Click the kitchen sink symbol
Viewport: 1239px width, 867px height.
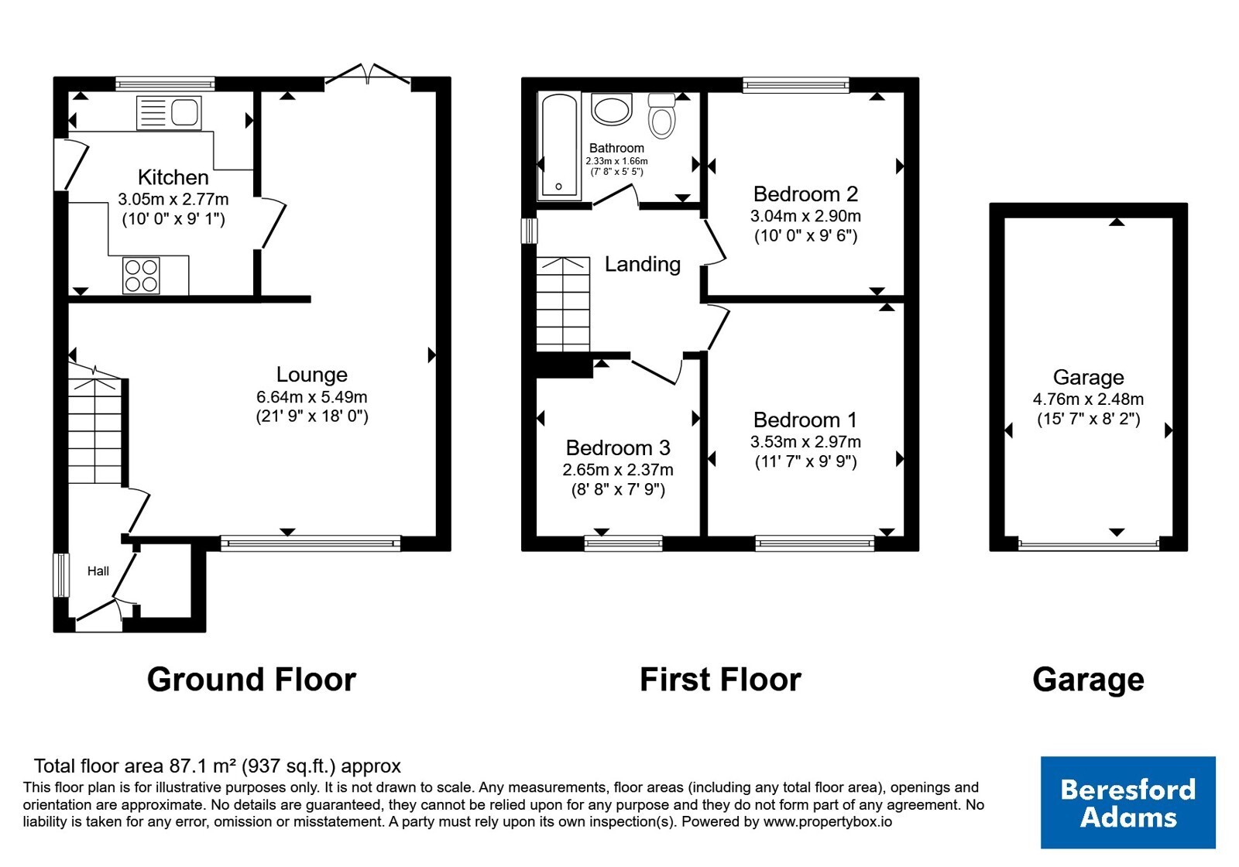[169, 113]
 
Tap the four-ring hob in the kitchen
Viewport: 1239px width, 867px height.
[141, 276]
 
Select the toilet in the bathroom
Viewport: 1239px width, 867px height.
[661, 116]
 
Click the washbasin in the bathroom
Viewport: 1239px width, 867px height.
[611, 109]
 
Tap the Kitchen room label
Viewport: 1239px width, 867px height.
[173, 177]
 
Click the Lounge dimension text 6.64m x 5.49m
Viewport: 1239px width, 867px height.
[312, 397]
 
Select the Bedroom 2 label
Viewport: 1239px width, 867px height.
[805, 194]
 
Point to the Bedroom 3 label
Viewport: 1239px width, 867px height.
[618, 448]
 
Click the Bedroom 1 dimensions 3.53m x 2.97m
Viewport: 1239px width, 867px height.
[805, 442]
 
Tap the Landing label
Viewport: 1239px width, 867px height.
[642, 264]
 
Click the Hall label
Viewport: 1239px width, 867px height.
[98, 571]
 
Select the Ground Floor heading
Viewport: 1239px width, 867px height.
[252, 680]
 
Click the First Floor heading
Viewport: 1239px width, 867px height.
[720, 680]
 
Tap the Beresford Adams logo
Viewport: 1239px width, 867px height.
[1127, 802]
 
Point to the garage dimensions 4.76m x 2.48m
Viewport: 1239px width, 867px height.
[1088, 399]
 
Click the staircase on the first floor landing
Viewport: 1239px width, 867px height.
[563, 304]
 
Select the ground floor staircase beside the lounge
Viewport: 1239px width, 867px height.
[95, 425]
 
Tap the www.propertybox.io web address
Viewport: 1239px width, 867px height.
[828, 821]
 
